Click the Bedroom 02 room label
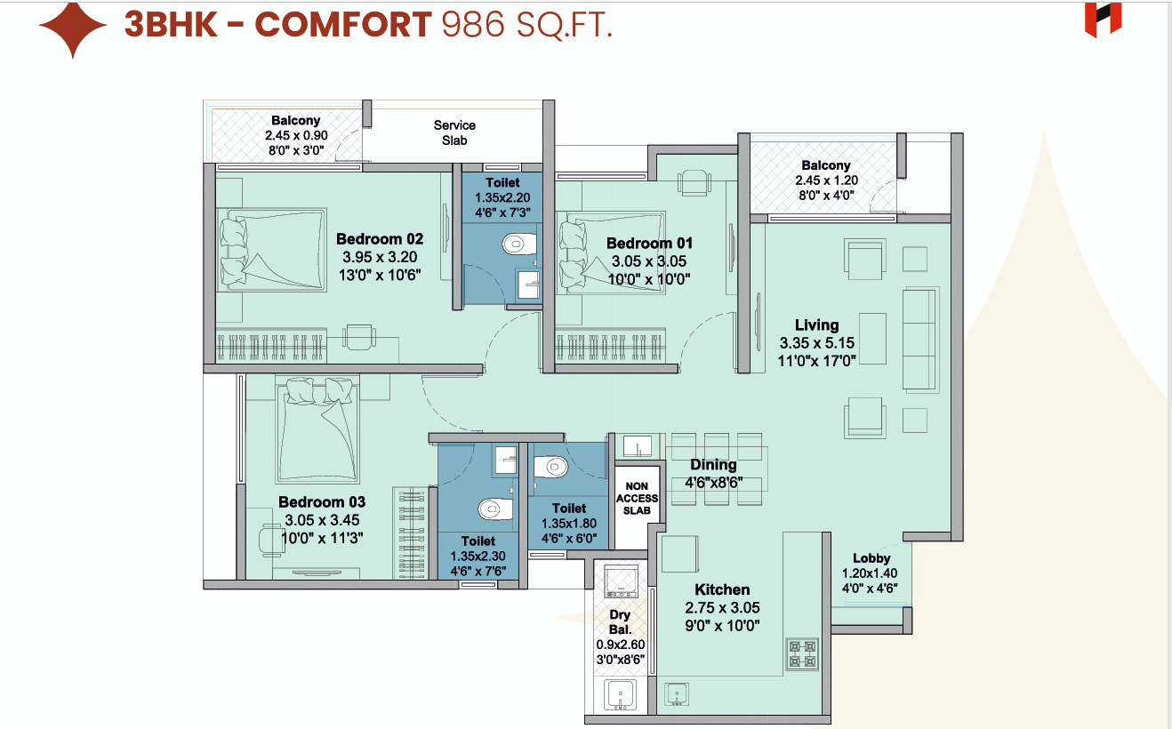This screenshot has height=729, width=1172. [380, 239]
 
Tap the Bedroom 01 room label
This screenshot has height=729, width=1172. [649, 244]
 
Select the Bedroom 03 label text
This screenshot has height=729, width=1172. [322, 502]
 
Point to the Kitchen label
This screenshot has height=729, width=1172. [722, 589]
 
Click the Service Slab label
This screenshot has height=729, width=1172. [454, 132]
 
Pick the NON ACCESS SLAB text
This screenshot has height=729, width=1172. [637, 499]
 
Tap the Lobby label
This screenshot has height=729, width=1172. [871, 558]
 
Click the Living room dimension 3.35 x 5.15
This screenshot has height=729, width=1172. [816, 343]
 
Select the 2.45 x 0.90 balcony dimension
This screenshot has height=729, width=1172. [296, 135]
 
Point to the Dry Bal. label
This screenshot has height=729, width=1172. [620, 622]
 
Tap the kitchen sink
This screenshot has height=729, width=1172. [677, 694]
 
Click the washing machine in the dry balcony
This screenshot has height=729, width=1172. [621, 581]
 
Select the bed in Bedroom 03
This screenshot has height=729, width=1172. [317, 429]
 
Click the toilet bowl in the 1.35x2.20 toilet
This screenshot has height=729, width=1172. [519, 244]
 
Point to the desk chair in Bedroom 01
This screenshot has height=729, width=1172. [694, 182]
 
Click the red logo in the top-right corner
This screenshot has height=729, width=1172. [1103, 20]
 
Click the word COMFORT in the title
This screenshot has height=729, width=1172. [343, 24]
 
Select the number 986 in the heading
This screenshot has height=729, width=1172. [473, 25]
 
